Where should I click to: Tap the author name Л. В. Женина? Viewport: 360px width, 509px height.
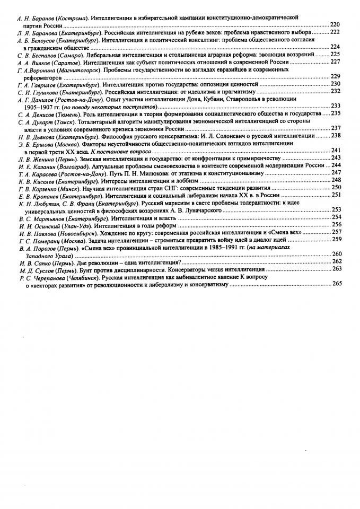click(x=33, y=158)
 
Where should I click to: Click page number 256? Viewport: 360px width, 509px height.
click(x=336, y=224)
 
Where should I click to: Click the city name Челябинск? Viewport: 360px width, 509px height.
click(x=82, y=277)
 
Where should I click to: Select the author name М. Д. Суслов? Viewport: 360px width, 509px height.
click(x=33, y=269)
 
